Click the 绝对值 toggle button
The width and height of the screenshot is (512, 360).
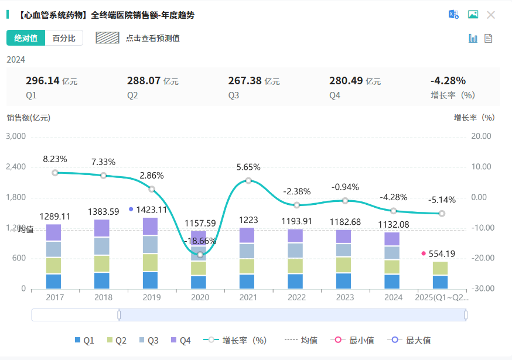[x=26, y=38]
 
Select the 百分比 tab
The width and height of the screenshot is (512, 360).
[x=64, y=38]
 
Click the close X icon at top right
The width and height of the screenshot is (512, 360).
[x=491, y=15]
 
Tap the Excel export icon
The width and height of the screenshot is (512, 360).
[x=453, y=15]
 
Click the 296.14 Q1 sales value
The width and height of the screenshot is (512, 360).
[x=43, y=81]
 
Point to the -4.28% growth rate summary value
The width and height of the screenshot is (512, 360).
[x=448, y=81]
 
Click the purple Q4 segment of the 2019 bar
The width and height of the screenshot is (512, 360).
[x=150, y=227]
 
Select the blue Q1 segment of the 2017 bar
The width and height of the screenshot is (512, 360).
[x=53, y=281]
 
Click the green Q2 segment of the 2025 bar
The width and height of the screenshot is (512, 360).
[x=440, y=268]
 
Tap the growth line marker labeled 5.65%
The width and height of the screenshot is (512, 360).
[x=248, y=181]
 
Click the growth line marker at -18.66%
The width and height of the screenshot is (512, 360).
[x=200, y=255]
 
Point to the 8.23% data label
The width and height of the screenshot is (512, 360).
[x=55, y=159]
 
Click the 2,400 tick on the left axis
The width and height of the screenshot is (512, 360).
[x=16, y=167]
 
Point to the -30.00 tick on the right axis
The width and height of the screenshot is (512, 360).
[x=481, y=289]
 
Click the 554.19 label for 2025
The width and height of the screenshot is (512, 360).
[x=442, y=254]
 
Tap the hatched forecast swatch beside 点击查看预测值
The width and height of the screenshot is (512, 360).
[x=108, y=38]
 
